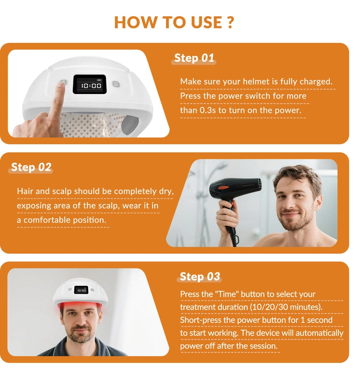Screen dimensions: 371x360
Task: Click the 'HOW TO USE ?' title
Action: click(174, 21)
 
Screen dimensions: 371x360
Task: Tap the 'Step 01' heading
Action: click(194, 58)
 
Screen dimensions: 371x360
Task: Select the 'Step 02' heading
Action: click(31, 167)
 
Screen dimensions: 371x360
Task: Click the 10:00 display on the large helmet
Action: click(90, 85)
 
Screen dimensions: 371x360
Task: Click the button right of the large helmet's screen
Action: click(115, 84)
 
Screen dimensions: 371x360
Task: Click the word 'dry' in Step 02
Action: click(165, 191)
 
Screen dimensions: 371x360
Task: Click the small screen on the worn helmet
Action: click(81, 290)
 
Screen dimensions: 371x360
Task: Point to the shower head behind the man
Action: click(221, 165)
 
